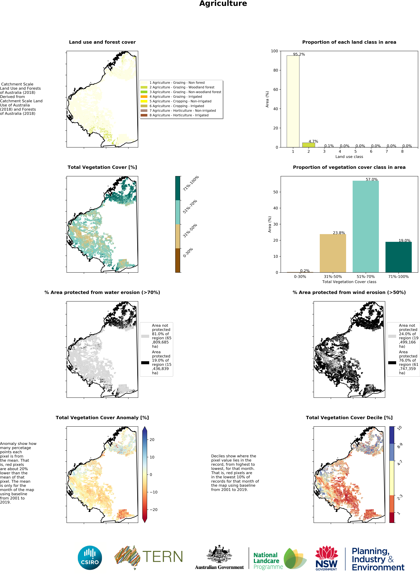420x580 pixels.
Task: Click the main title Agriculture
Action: [223, 4]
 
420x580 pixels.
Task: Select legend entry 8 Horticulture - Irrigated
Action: [179, 115]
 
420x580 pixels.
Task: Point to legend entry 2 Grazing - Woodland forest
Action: [182, 87]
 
